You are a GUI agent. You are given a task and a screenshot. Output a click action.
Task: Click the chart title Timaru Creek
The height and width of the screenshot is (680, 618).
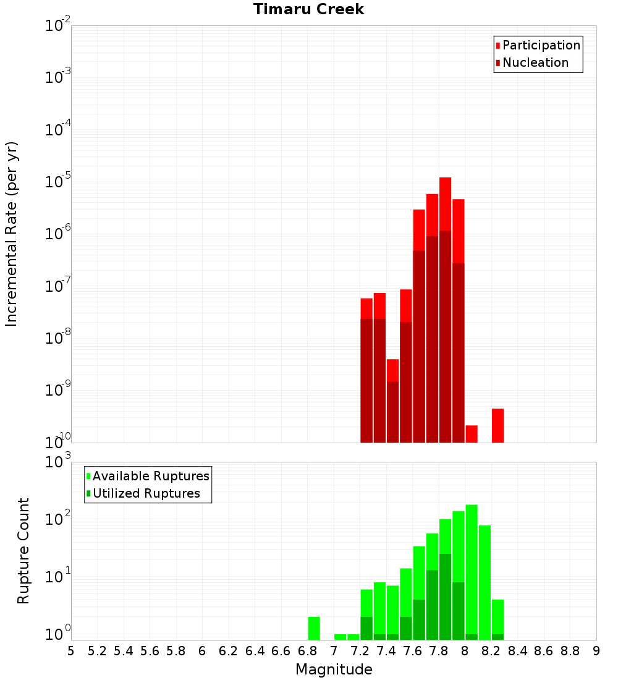pos(309,9)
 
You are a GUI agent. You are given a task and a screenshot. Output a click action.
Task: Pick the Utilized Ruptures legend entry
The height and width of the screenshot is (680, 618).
pos(146,493)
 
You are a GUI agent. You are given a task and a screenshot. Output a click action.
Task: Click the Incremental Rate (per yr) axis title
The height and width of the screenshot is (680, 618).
pos(12,234)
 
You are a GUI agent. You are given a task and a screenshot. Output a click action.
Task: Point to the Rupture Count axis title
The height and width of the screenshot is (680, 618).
pos(23,551)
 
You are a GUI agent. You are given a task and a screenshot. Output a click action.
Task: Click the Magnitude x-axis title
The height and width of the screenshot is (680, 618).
pos(334,669)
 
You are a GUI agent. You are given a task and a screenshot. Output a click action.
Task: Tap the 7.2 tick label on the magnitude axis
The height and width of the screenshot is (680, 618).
pos(360,651)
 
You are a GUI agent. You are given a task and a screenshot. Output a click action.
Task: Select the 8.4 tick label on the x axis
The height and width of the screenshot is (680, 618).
pos(517,651)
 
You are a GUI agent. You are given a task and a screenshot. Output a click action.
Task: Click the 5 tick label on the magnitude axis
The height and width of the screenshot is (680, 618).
pos(71,651)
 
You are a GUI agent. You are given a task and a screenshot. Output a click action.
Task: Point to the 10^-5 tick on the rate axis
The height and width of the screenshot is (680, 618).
pos(58,182)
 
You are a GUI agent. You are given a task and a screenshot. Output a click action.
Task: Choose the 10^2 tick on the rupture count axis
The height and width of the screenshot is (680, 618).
pos(58,518)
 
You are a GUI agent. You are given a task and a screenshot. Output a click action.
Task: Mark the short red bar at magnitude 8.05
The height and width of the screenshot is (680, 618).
pos(472,434)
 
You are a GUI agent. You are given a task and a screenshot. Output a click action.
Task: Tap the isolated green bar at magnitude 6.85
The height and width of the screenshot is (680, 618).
pos(314,628)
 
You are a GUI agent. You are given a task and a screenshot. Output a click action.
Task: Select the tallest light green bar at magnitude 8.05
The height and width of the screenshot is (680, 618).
pos(472,569)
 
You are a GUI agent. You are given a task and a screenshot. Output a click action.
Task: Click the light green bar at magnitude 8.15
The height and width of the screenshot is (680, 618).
pos(485,581)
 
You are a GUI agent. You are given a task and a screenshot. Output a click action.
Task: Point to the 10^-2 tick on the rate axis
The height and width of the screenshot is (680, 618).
pos(58,26)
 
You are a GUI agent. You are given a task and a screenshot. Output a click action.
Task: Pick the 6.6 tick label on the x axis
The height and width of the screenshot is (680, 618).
pos(281,651)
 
